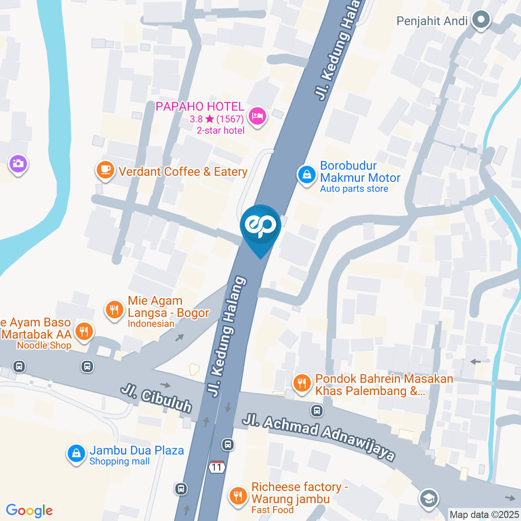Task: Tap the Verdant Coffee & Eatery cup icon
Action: pyautogui.click(x=105, y=170)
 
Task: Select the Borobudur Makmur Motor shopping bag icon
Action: pyautogui.click(x=307, y=175)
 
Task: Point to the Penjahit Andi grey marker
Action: pyautogui.click(x=481, y=21)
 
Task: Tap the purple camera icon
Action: pyautogui.click(x=18, y=163)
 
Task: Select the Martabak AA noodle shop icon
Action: pyautogui.click(x=84, y=331)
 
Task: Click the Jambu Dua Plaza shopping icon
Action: pyautogui.click(x=76, y=454)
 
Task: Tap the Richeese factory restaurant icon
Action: pyautogui.click(x=238, y=495)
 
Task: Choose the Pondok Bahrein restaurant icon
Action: pyautogui.click(x=301, y=384)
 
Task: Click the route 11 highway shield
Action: pyautogui.click(x=218, y=467)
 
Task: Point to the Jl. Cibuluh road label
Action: pyautogui.click(x=156, y=399)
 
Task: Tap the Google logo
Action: pyautogui.click(x=29, y=511)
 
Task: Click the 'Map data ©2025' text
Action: pyautogui.click(x=484, y=514)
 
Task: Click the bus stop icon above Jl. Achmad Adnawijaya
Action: pyautogui.click(x=316, y=410)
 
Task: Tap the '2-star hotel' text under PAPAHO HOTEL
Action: pyautogui.click(x=220, y=130)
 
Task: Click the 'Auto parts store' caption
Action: pyautogui.click(x=354, y=189)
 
